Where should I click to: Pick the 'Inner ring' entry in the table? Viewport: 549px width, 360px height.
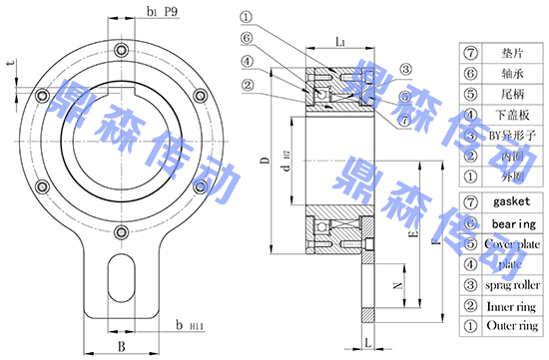click(x=512, y=306)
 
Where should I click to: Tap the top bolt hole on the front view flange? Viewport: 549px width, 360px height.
click(x=121, y=51)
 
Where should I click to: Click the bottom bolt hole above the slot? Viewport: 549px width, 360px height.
click(x=121, y=233)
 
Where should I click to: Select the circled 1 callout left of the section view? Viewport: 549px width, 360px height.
click(x=247, y=17)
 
